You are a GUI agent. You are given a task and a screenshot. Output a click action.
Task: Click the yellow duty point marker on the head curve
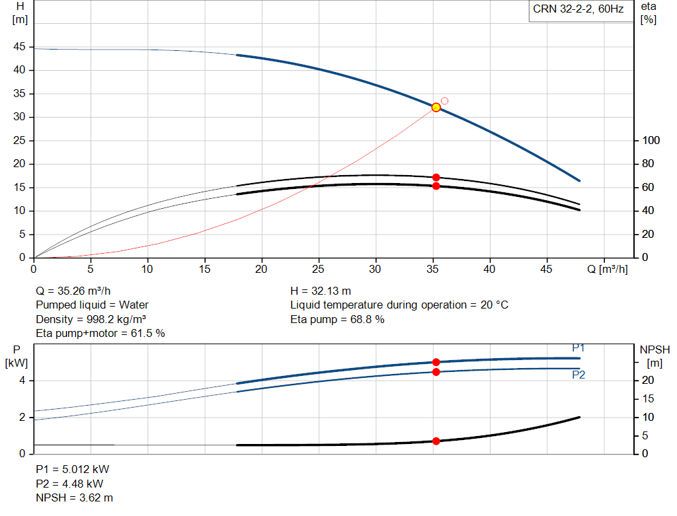coord(436,108)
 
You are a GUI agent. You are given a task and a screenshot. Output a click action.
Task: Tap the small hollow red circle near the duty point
coord(444,101)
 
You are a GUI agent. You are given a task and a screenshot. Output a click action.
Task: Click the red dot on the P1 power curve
coord(436,363)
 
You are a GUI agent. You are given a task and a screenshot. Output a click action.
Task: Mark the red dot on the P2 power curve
coord(436,372)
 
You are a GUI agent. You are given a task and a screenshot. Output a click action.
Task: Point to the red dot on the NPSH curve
coord(436,441)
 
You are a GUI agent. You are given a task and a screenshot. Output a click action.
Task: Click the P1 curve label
coord(578,348)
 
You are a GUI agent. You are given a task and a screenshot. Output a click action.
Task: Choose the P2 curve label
coord(578,375)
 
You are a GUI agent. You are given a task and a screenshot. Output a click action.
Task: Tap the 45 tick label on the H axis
coord(19,47)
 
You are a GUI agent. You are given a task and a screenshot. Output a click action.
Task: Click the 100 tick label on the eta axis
coord(651,140)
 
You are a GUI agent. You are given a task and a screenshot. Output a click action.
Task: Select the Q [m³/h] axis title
coord(607,269)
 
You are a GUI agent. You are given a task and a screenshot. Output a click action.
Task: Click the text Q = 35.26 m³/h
coord(73,291)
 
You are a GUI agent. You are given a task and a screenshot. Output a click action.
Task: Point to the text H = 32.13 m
coord(321,291)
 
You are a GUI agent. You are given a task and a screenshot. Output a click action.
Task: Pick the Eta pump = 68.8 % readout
coord(337,319)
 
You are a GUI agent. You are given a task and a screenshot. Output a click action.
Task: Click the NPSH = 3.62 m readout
coord(74,498)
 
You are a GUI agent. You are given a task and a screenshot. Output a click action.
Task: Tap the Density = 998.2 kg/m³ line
coord(91,319)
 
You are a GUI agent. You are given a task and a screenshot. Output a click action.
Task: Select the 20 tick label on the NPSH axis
coord(648,380)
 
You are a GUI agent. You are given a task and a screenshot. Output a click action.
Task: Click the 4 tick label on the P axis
coord(22,381)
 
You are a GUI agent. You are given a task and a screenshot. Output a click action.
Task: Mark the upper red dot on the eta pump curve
coord(436,177)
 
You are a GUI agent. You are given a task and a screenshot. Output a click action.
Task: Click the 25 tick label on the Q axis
coord(318,269)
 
